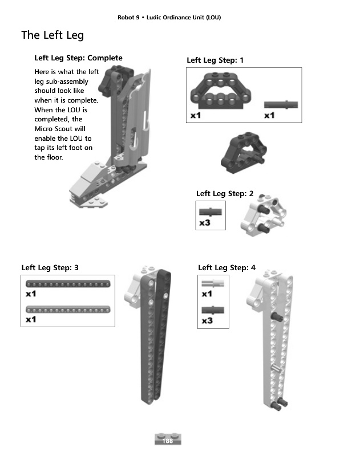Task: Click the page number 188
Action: [x=168, y=441]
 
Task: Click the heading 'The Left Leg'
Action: [x=52, y=35]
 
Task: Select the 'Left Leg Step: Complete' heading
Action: [x=78, y=58]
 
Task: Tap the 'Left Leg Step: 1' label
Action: [x=215, y=60]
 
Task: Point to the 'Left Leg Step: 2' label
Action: [x=225, y=194]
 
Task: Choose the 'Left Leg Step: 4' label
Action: [x=226, y=267]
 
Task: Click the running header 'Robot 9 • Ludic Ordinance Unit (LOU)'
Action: [x=169, y=18]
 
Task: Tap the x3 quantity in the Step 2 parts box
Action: [x=205, y=223]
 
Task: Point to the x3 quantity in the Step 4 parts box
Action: [x=207, y=321]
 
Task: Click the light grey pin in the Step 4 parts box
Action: [x=212, y=283]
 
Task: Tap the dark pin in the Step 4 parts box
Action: [x=212, y=310]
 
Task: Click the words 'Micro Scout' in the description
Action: [x=52, y=129]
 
